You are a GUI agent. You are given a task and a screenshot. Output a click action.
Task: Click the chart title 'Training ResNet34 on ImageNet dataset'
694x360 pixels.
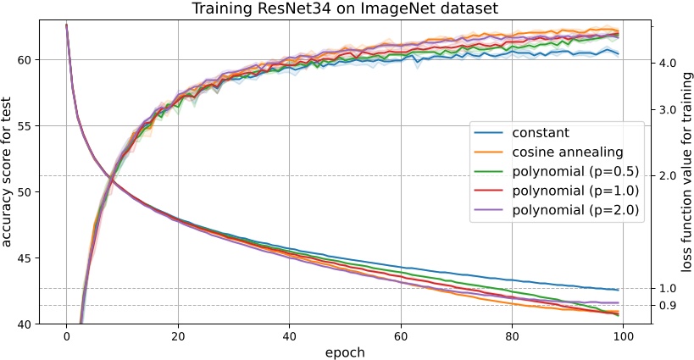(347, 9)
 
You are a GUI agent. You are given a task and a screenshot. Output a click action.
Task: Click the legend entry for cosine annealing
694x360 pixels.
(566, 152)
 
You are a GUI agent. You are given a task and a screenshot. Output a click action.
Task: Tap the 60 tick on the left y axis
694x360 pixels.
(25, 60)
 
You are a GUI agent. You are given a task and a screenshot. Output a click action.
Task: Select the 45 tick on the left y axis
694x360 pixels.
(25, 258)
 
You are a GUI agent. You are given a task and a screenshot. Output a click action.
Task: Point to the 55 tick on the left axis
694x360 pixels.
(25, 126)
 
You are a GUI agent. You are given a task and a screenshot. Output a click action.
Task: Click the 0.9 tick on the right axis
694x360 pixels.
(666, 306)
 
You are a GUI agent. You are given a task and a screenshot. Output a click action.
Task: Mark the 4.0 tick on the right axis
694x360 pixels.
(666, 63)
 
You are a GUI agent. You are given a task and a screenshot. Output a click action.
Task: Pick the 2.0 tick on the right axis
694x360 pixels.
(666, 176)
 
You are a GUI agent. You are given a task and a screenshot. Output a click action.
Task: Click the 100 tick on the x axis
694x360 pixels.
(623, 337)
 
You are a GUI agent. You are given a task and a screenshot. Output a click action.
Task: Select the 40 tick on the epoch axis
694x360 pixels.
(289, 337)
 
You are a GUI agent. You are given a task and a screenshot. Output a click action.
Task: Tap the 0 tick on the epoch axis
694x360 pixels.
(66, 337)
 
